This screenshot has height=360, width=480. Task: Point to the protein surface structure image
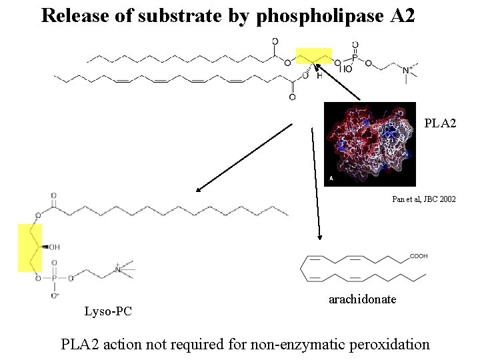click(x=369, y=144)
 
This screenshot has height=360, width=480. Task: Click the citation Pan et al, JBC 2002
click(x=424, y=199)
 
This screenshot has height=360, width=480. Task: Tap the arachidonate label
click(x=363, y=299)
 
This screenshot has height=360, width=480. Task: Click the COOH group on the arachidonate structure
click(x=419, y=256)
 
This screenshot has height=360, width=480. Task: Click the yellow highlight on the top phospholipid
click(x=314, y=57)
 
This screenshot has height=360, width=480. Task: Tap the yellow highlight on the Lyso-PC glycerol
click(x=29, y=247)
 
